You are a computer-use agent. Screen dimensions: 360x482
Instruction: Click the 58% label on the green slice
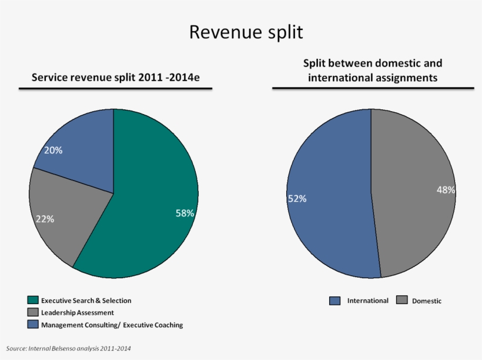click(x=185, y=214)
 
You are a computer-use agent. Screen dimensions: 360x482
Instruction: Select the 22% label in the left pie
click(x=45, y=219)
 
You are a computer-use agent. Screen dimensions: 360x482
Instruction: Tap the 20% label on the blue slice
click(x=53, y=150)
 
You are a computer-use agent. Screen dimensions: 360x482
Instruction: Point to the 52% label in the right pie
click(x=297, y=199)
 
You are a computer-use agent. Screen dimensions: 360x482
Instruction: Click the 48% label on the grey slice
click(x=446, y=190)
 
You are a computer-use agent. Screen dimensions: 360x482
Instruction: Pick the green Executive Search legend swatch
click(x=33, y=301)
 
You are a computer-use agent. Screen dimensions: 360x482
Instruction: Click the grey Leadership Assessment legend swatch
click(x=33, y=312)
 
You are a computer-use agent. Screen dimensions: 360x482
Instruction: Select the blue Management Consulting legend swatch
click(x=33, y=325)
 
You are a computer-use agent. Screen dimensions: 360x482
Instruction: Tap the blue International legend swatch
click(x=335, y=301)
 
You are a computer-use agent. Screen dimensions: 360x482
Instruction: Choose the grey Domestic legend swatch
click(x=402, y=301)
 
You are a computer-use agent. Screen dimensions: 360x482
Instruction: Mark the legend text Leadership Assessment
click(x=78, y=313)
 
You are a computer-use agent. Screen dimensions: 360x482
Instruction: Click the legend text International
click(x=368, y=301)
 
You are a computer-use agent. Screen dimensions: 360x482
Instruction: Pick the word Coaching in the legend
click(x=169, y=325)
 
